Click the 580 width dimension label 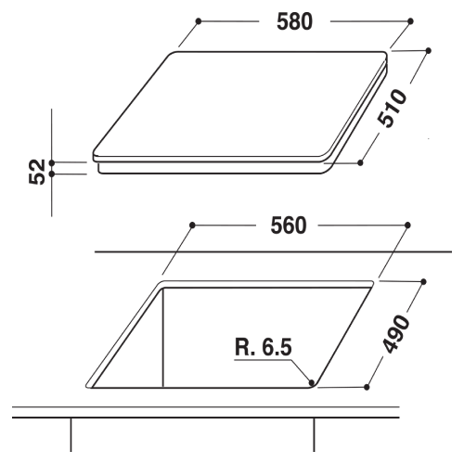[x=294, y=21]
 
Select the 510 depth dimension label [x=393, y=108]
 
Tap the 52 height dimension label [x=37, y=172]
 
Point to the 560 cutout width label [x=289, y=226]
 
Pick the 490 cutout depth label [x=396, y=334]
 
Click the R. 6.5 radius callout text [x=264, y=347]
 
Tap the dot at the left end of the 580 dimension [x=199, y=21]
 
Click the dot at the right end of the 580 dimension [x=410, y=21]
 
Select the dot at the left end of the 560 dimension [x=192, y=225]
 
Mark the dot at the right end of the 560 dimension [x=407, y=225]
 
